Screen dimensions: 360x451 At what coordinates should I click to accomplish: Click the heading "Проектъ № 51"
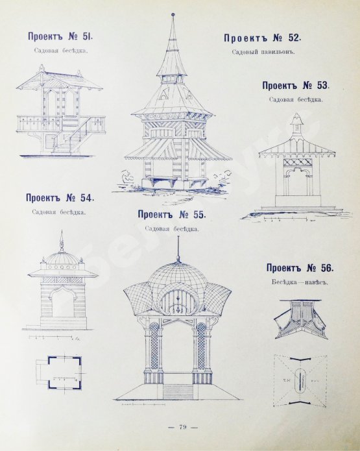point(60,36)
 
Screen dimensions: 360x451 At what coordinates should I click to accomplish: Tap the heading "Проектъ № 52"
point(262,38)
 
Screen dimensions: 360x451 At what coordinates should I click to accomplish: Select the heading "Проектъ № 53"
point(296,86)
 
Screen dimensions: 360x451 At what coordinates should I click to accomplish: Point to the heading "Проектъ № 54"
point(60,198)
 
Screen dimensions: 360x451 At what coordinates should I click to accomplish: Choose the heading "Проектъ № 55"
point(172,214)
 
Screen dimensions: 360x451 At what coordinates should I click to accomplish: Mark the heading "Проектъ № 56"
point(300,268)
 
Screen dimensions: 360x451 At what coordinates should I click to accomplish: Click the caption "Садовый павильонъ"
point(263,53)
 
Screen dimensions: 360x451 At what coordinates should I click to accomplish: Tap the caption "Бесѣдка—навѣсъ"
point(300,282)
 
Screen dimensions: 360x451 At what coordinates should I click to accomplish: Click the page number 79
point(183,427)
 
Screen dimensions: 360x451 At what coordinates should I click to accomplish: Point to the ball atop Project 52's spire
point(173,14)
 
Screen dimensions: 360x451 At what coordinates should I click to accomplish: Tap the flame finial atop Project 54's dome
point(61,240)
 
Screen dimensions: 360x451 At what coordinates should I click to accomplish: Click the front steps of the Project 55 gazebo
point(178,392)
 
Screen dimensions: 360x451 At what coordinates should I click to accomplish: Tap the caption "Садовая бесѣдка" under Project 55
point(172,229)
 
